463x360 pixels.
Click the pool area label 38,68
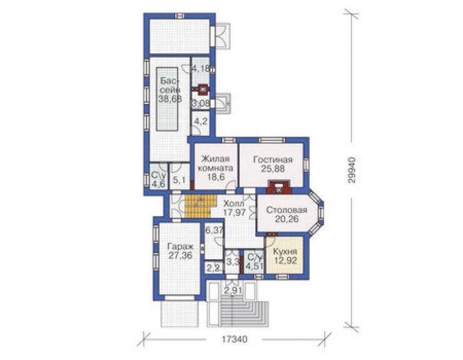tap(170, 99)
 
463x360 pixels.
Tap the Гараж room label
tap(180, 246)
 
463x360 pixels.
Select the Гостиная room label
tap(273, 160)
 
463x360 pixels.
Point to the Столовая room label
tap(287, 210)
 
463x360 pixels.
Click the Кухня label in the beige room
tap(285, 252)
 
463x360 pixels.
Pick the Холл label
tap(234, 203)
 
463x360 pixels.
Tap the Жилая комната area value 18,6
tap(216, 177)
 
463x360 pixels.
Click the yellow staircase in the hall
tap(198, 206)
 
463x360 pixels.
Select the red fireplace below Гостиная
tap(279, 187)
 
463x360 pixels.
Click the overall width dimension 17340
tap(234, 339)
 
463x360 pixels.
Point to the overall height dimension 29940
tap(352, 170)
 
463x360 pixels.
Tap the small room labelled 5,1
tap(180, 180)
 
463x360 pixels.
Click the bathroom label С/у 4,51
tap(254, 262)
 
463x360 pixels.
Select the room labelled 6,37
tap(215, 230)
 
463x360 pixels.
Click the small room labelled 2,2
tap(213, 269)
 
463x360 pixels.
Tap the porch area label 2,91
tap(233, 290)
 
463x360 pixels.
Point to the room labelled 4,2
tap(201, 121)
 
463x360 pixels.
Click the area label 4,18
tap(201, 69)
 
